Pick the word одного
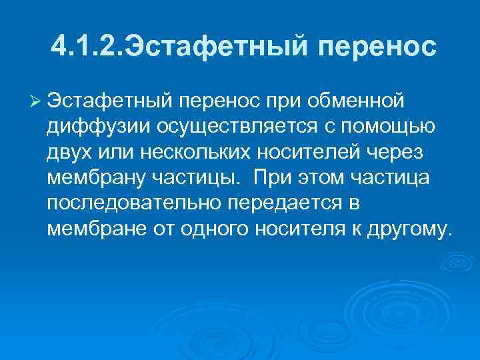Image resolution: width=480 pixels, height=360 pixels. click(219, 230)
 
